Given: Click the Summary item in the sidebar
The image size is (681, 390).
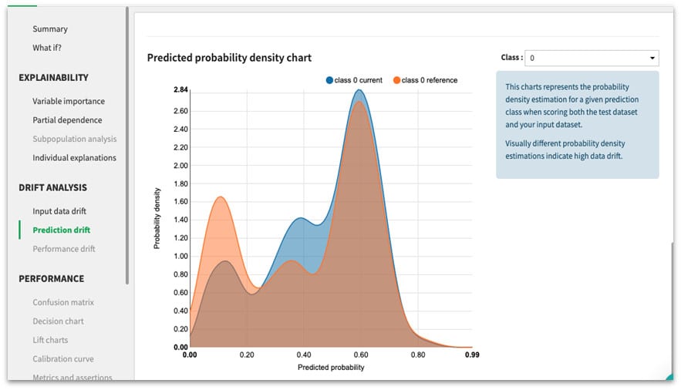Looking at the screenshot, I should [x=50, y=29].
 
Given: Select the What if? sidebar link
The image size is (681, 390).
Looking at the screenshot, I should [x=47, y=48].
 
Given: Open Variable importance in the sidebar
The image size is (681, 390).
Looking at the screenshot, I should [x=69, y=102].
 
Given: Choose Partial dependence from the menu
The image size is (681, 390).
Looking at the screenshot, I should [x=67, y=120].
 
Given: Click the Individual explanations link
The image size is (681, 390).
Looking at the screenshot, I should [x=74, y=158].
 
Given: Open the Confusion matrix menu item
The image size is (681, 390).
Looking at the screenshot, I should [x=63, y=303].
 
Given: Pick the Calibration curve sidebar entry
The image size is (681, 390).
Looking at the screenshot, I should [x=63, y=359].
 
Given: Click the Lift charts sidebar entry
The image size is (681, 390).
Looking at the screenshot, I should [x=50, y=341].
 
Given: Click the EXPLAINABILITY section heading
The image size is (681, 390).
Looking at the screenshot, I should [x=54, y=78].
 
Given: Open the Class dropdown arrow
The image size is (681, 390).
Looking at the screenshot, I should [x=652, y=59].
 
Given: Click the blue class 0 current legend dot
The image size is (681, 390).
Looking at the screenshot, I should [x=329, y=80].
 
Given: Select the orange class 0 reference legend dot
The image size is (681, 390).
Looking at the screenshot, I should [x=396, y=80].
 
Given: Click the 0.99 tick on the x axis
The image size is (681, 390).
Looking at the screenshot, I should [x=471, y=356].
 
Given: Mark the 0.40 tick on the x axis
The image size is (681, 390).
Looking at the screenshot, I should [x=303, y=356].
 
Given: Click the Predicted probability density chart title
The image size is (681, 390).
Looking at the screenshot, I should [x=229, y=58].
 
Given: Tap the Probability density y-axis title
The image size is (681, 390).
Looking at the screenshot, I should [x=157, y=218].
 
